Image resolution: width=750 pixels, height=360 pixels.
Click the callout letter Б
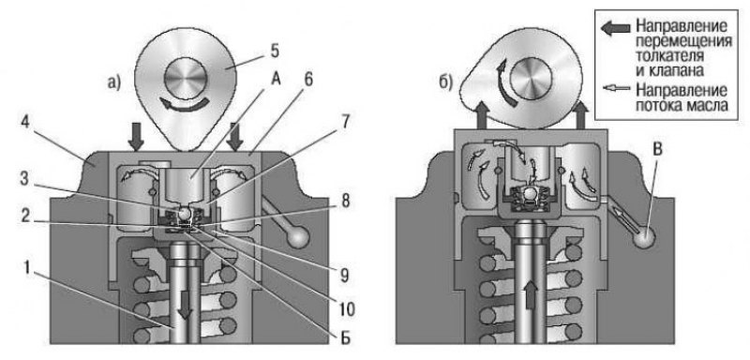click(345, 338)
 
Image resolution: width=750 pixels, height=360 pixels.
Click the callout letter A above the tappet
click(277, 81)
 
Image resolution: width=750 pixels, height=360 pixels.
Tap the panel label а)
click(112, 83)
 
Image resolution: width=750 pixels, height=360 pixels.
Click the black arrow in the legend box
click(616, 28)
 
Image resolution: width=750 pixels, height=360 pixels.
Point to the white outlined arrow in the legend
click(616, 88)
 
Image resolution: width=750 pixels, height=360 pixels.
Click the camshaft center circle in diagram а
click(186, 79)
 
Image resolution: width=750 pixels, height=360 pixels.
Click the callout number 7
click(345, 125)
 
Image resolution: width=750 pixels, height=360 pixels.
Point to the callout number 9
click(345, 275)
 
